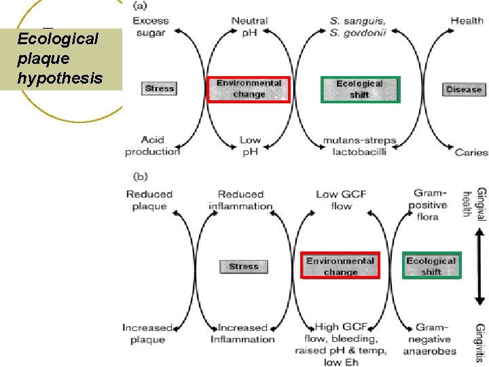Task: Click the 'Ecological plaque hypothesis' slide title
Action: coord(60,58)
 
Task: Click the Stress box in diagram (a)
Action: coord(160,88)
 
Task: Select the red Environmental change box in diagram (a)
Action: coord(249,88)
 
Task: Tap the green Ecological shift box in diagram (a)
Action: coord(360,89)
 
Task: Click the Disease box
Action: coord(464,89)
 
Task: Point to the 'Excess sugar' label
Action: coord(151,26)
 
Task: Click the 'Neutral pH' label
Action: coord(249,26)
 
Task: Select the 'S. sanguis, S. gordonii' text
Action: coord(357,27)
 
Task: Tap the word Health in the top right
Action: coord(467,20)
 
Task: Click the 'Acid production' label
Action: coord(152,145)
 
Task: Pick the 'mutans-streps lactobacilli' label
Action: coord(359,146)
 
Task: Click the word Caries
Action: coord(471,152)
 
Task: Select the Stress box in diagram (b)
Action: coord(244,266)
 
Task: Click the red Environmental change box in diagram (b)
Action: coord(340,266)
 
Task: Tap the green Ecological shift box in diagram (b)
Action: coord(431,266)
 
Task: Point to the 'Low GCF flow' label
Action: coord(341,200)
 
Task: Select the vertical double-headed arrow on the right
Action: coord(480,266)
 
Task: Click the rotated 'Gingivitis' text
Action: coord(481,341)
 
